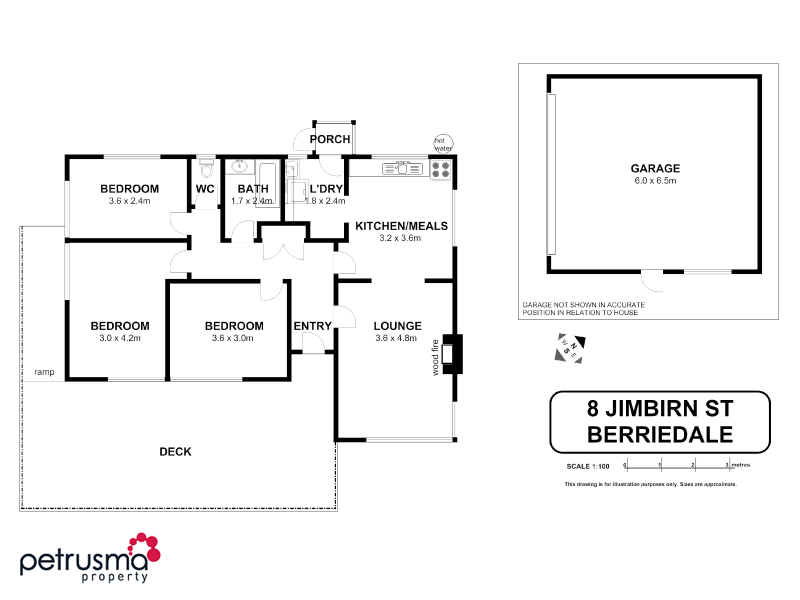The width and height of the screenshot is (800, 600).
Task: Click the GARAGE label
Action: click(x=654, y=168)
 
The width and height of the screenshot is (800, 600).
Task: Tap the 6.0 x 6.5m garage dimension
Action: click(x=654, y=181)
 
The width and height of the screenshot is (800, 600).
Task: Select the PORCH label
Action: click(x=329, y=139)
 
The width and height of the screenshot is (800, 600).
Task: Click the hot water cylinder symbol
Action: click(x=442, y=143)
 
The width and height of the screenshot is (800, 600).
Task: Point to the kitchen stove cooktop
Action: click(x=441, y=170)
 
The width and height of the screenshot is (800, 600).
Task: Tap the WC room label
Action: click(x=205, y=189)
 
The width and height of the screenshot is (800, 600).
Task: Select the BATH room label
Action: click(x=252, y=189)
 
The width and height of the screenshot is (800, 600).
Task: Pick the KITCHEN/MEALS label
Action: click(x=401, y=226)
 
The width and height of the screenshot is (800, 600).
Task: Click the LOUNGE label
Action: click(x=397, y=325)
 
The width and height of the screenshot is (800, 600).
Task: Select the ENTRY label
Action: click(x=312, y=325)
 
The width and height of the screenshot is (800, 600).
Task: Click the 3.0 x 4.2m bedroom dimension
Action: click(x=119, y=338)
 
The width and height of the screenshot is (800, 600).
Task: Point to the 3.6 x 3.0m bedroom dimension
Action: click(x=233, y=338)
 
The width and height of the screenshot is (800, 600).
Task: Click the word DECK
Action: click(x=175, y=451)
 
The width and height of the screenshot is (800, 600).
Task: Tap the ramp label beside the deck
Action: click(x=44, y=372)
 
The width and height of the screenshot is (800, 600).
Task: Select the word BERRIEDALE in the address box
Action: click(x=659, y=434)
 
